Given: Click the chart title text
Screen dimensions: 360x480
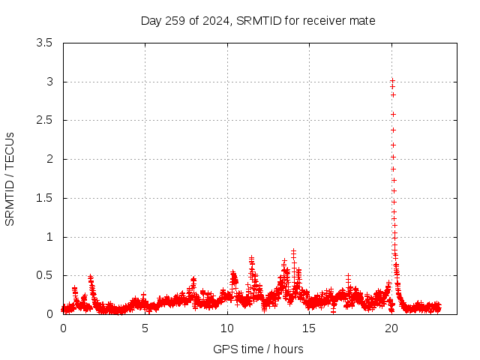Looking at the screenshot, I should point(258,20).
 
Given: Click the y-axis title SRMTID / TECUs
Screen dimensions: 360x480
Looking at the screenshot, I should point(10,178).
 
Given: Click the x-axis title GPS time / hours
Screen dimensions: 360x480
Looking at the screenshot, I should point(258,349).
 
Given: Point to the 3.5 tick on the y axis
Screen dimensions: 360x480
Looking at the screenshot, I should point(46,43).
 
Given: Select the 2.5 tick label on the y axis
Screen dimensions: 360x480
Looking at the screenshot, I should point(46,120).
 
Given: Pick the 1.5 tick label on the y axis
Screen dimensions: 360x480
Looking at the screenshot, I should point(46,198).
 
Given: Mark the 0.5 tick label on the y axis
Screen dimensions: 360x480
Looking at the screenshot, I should point(46,275).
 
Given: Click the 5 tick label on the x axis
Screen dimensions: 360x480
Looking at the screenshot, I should point(145,328).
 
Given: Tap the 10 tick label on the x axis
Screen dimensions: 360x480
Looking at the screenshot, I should point(227,328).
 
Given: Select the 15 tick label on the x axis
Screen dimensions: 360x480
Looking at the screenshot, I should point(310,328).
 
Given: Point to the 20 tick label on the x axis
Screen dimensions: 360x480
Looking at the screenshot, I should point(391,328).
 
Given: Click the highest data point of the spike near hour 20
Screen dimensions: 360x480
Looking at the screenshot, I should point(392,80).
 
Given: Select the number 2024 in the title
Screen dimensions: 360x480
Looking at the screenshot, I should point(215,20).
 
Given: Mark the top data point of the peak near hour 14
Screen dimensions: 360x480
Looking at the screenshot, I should point(293,251).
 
